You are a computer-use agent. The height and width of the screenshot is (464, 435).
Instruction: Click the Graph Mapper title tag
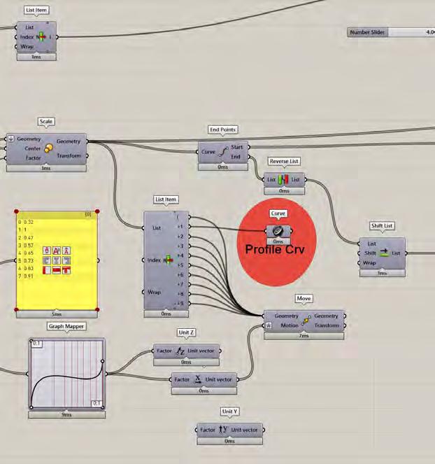[x=66, y=326]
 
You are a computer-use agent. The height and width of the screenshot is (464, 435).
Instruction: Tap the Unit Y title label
[x=230, y=412]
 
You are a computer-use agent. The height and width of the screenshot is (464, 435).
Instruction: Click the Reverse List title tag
[x=284, y=161]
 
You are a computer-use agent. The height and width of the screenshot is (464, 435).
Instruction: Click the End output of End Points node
[x=236, y=157]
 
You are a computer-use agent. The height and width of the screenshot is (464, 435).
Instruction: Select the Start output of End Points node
[x=236, y=148]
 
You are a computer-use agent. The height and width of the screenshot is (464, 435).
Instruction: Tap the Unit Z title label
[x=187, y=332]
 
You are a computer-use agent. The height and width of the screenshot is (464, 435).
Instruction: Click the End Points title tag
[x=223, y=129]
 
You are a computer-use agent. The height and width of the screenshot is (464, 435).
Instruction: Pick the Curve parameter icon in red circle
[x=278, y=231]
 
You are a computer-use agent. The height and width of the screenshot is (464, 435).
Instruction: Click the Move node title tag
[x=304, y=299]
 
